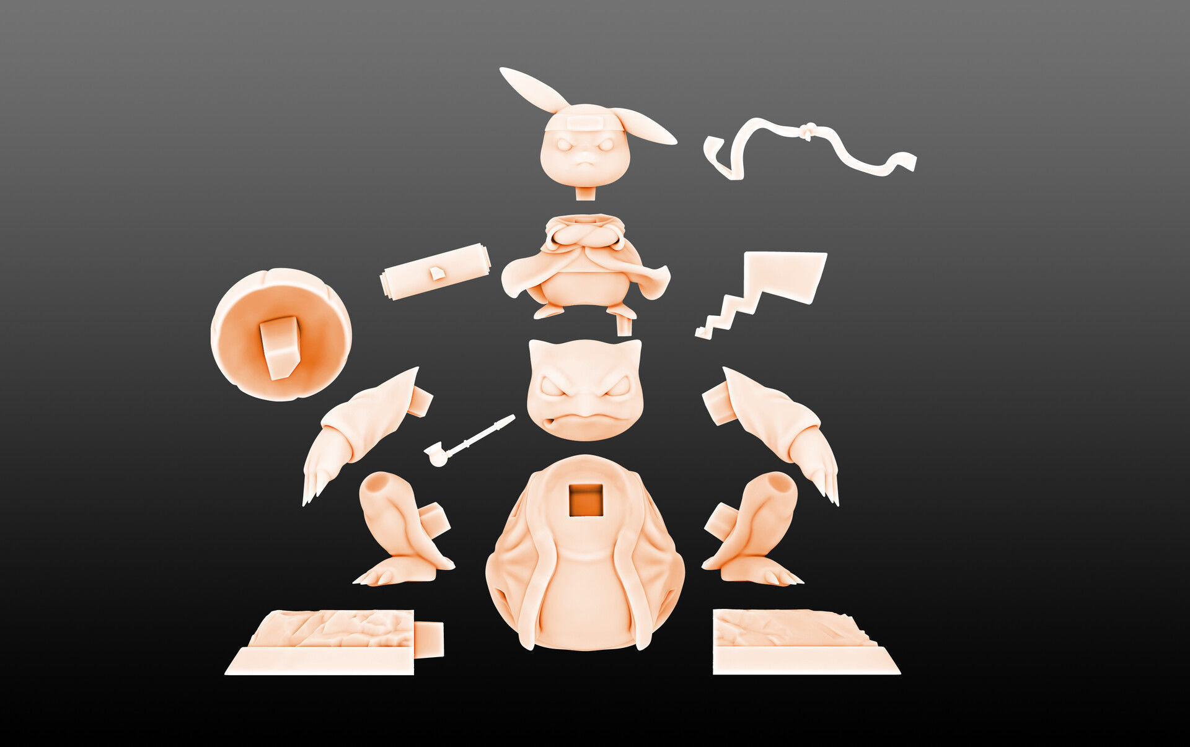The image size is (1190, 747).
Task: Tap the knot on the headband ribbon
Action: [806, 131]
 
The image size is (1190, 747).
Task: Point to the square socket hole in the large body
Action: [585, 500]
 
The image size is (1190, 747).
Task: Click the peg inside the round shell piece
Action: [280, 346]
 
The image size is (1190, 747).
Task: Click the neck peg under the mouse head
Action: [585, 193]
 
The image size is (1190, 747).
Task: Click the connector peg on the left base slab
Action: [428, 639]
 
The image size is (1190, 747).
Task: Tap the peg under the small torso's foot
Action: [624, 326]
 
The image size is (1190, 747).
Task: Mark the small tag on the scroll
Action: [438, 273]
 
